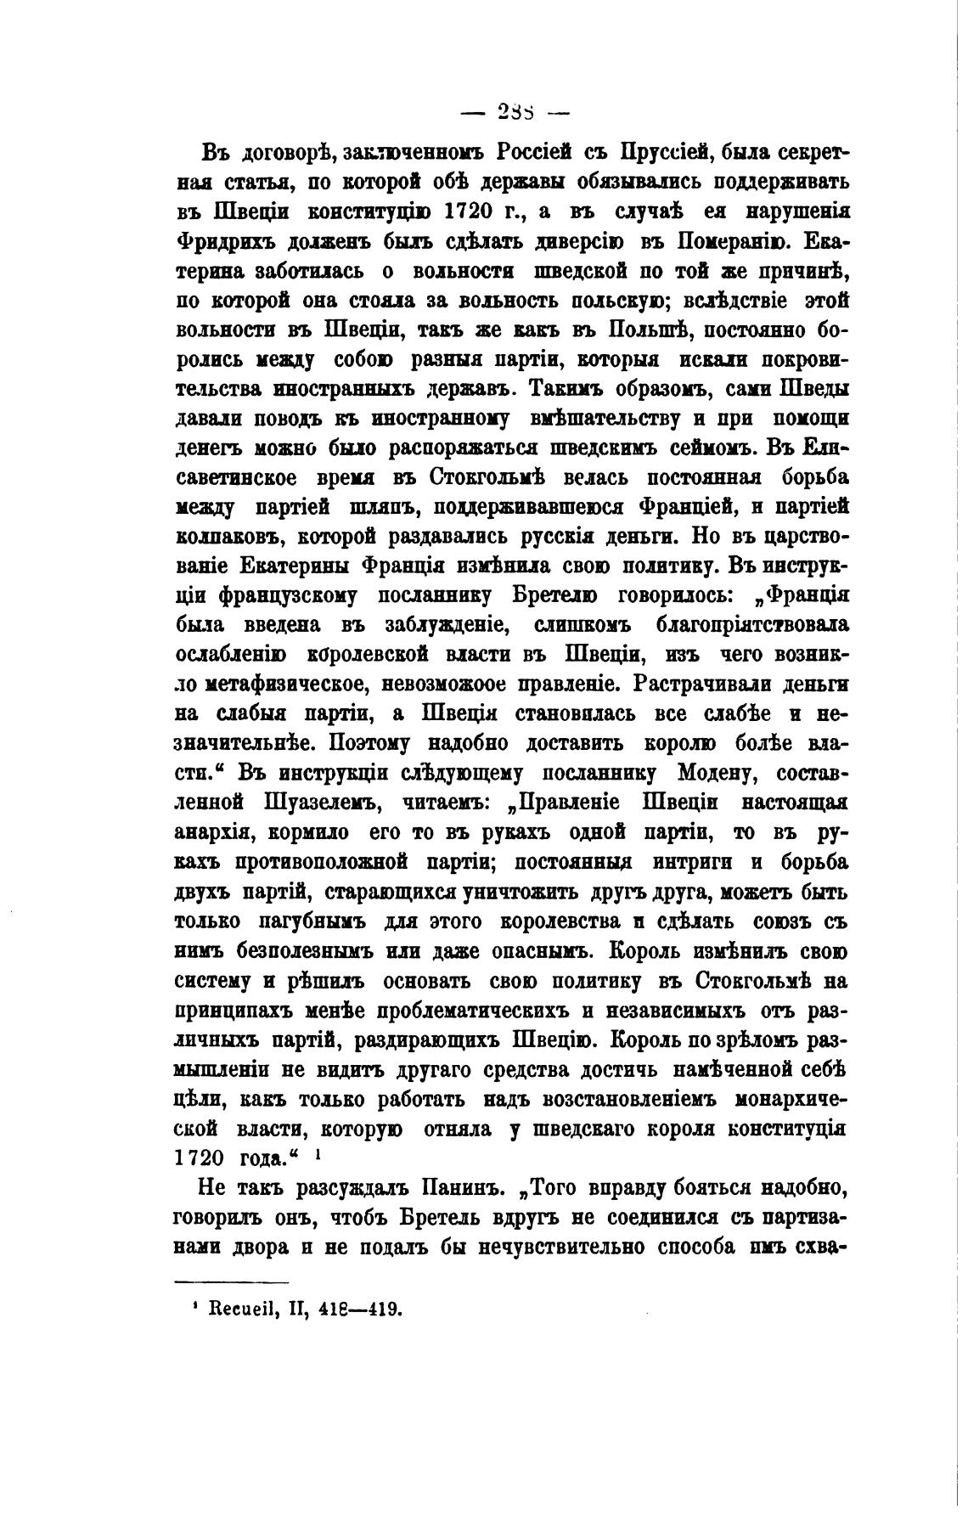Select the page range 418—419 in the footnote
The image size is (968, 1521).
coord(358,1310)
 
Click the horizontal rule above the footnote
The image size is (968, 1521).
coord(231,1282)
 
